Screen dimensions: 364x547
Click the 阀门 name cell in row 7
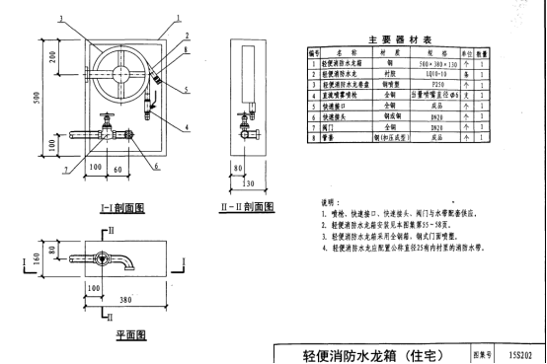[335, 127]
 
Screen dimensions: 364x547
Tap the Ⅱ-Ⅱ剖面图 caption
[251, 208]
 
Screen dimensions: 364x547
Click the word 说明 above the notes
[318, 200]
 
